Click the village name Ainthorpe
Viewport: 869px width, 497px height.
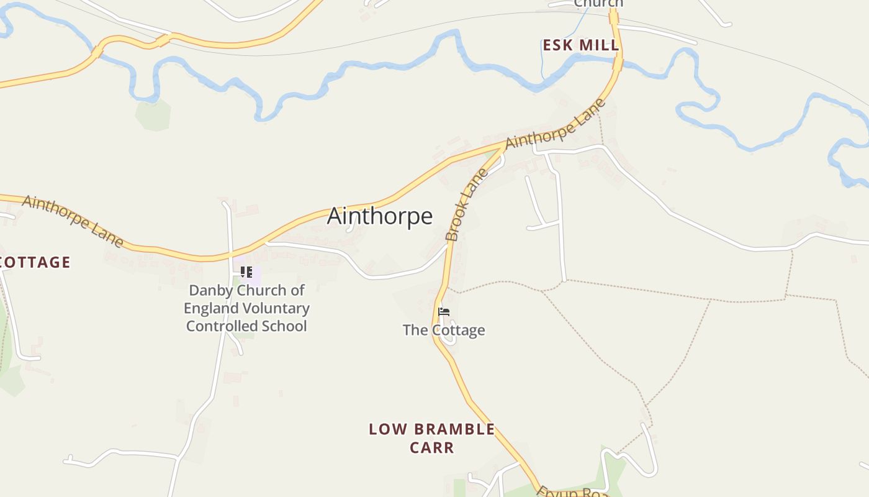[379, 216]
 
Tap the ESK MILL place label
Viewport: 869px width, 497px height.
[580, 45]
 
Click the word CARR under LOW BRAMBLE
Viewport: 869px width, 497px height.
[432, 447]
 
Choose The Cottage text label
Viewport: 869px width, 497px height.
[444, 330]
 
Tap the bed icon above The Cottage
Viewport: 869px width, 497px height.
[443, 312]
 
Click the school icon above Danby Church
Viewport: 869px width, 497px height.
[246, 272]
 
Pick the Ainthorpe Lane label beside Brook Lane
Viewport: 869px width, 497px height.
[555, 124]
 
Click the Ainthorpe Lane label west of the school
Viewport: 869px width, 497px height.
[73, 221]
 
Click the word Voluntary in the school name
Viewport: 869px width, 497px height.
[277, 308]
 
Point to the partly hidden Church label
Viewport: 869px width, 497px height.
[598, 4]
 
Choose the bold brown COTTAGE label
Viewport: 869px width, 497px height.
[35, 262]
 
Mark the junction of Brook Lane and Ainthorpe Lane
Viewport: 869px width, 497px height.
[504, 147]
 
